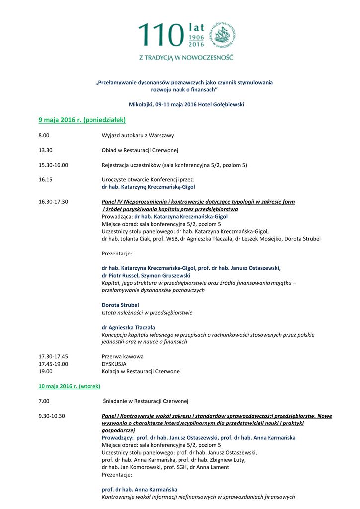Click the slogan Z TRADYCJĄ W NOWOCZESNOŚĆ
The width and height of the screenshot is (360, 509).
[x=185, y=57]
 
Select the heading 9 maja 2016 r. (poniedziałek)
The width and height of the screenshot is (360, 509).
[x=82, y=120]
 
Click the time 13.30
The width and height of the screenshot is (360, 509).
[x=45, y=150]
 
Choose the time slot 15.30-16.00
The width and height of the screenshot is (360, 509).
[x=53, y=165]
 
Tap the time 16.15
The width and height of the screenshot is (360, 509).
[x=45, y=180]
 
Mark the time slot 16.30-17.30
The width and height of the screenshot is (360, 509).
[x=53, y=202]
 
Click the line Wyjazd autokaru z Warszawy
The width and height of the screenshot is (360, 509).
[x=138, y=135]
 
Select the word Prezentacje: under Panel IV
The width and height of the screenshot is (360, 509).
[x=117, y=254]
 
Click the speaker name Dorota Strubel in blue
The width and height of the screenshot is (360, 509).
[x=120, y=305]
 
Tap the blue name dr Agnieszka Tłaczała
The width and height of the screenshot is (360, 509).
[x=128, y=327]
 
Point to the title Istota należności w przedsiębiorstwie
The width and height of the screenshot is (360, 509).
[x=147, y=313]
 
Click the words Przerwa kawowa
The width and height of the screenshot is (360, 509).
[x=122, y=356]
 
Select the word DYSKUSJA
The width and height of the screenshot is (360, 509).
[x=114, y=364]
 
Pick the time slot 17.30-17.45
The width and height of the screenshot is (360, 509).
[x=53, y=356]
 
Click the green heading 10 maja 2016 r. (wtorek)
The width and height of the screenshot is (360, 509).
[x=70, y=386]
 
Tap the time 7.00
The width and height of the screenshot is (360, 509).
[x=44, y=401]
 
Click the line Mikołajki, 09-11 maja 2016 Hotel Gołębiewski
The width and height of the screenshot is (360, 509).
[x=186, y=104]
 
